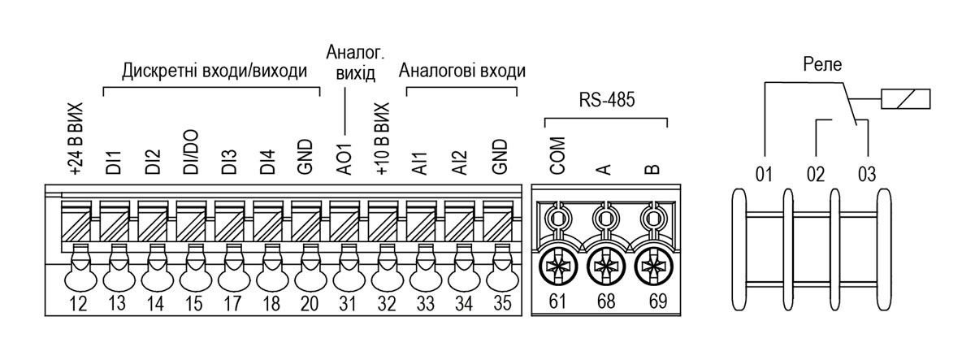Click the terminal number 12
(78, 303)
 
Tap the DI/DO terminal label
(191, 152)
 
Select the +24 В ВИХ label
(76, 139)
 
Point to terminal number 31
(348, 303)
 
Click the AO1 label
(344, 159)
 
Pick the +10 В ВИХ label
(382, 139)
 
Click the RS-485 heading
(607, 100)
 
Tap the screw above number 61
(558, 266)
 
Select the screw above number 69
(653, 266)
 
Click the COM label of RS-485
(557, 156)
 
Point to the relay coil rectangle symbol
(905, 99)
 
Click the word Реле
(822, 64)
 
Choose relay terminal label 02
(816, 174)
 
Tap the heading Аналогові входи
(461, 71)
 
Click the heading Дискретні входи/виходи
(214, 71)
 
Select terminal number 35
(502, 303)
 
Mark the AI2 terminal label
(459, 163)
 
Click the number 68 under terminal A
(606, 301)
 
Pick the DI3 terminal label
(228, 162)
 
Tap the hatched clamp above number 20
(306, 221)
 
